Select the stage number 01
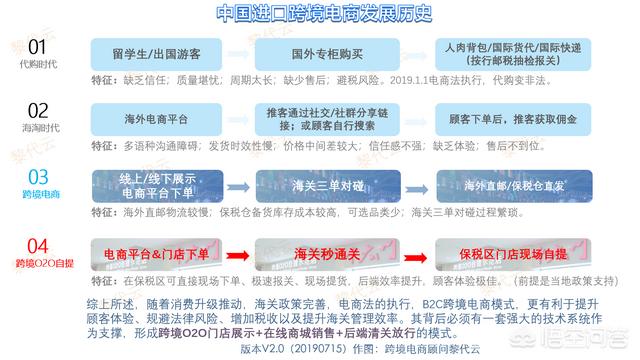click(x=37, y=47)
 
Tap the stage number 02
click(x=37, y=110)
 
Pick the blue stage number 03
click(x=37, y=177)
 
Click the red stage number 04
click(x=37, y=245)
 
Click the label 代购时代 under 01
click(x=37, y=64)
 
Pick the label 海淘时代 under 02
click(x=37, y=127)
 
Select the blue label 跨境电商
click(x=37, y=195)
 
